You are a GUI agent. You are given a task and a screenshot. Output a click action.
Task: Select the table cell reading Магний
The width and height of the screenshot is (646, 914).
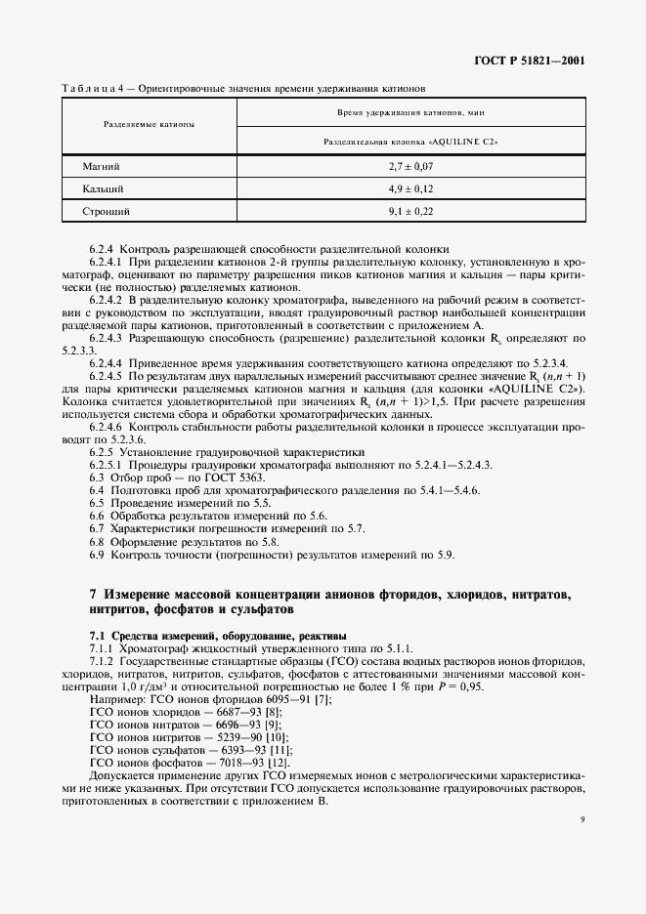coord(102,167)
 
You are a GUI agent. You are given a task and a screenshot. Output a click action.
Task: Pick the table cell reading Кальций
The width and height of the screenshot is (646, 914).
coord(103,188)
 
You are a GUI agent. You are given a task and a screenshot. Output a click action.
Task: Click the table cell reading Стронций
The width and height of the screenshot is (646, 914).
coord(107,210)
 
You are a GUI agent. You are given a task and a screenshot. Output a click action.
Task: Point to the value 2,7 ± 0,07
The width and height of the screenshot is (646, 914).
coord(410,167)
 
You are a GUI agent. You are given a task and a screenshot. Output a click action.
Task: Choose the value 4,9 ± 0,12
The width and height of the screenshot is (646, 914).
coord(410,188)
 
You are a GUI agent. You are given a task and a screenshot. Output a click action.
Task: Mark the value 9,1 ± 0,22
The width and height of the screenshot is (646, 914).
coord(410,210)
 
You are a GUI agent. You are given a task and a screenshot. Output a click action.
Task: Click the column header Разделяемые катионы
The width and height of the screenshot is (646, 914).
coord(149,125)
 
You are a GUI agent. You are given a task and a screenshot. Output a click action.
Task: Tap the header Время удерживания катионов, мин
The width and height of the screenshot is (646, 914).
coord(410,113)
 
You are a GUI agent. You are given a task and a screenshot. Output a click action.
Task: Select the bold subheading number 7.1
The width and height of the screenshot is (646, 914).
coord(98,635)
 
